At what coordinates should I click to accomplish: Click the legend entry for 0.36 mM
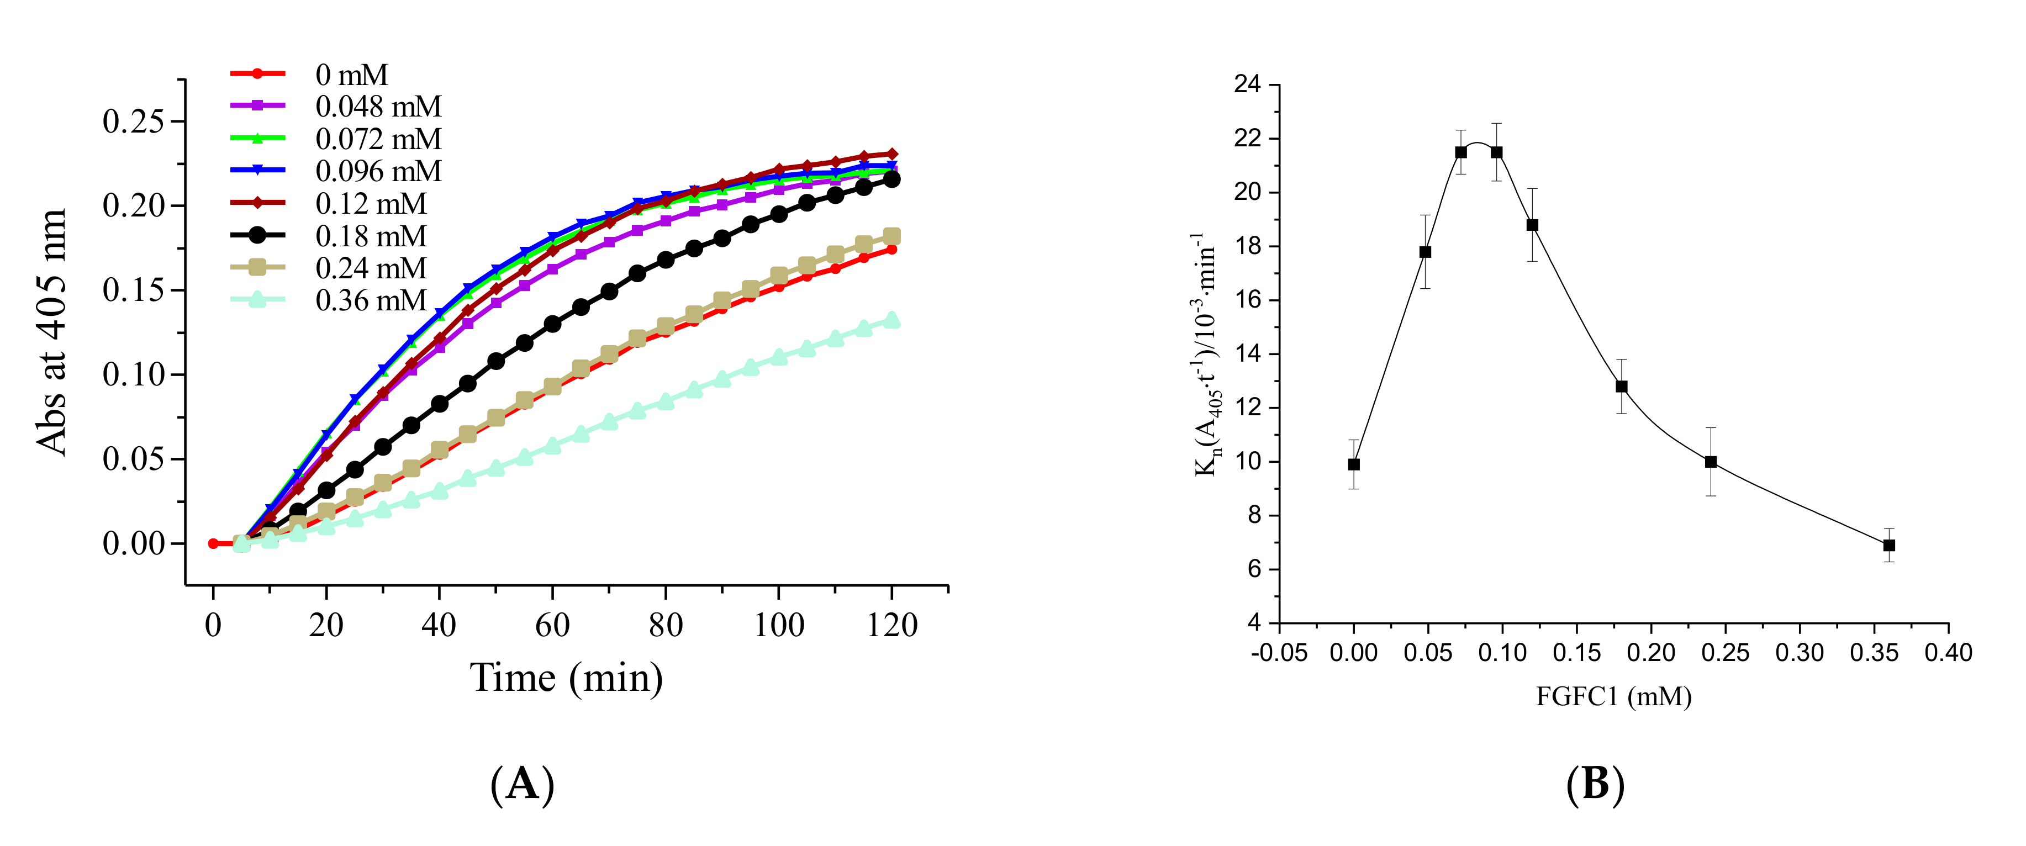pyautogui.click(x=370, y=300)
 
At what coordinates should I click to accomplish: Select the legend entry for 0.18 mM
pyautogui.click(x=370, y=236)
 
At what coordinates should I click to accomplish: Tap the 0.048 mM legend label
pyautogui.click(x=377, y=106)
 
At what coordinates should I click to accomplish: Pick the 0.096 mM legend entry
pyautogui.click(x=377, y=171)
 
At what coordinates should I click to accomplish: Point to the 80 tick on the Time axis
pyautogui.click(x=666, y=625)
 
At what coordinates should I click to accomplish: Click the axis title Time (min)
pyautogui.click(x=566, y=678)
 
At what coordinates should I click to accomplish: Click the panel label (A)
pyautogui.click(x=522, y=784)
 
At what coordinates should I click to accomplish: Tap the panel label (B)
pyautogui.click(x=1595, y=784)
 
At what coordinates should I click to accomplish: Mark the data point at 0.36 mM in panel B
pyautogui.click(x=1889, y=545)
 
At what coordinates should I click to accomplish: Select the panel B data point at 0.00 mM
pyautogui.click(x=1354, y=464)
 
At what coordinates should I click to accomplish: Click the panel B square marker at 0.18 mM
pyautogui.click(x=1622, y=386)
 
